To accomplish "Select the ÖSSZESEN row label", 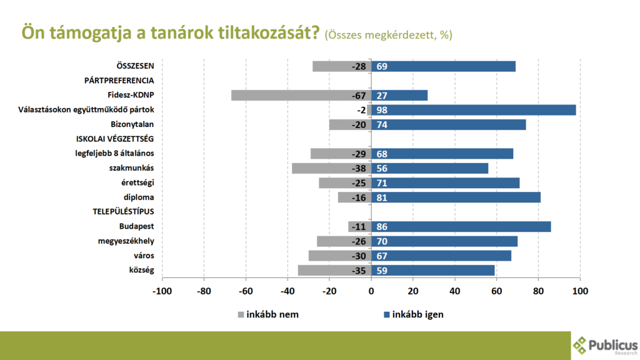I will pos(136,66).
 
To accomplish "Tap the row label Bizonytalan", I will pos(132,124).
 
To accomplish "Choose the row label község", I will pos(140,271).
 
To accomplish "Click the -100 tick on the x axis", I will pos(162,291).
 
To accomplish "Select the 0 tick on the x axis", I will pos(371,291).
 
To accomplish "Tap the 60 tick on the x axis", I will pos(496,291).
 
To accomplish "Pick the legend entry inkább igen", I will pos(412,314).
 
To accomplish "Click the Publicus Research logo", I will pos(605,345).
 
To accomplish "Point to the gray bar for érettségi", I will pos(345,183).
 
